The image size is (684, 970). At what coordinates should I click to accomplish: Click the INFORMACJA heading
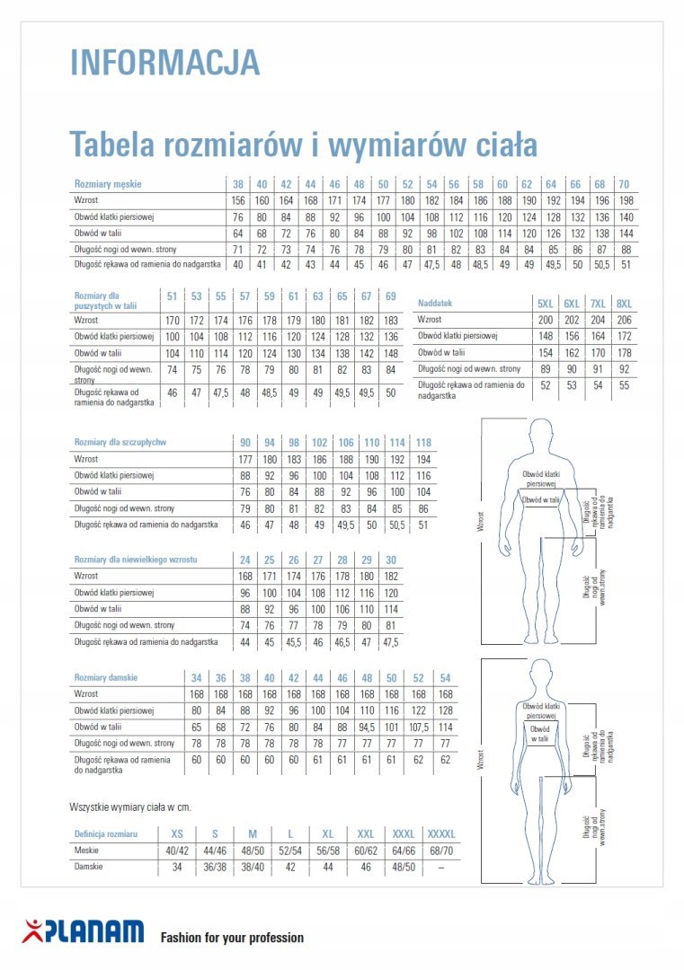tap(164, 62)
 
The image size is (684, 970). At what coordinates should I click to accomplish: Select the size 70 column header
tap(624, 184)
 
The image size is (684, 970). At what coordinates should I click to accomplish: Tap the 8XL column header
tap(624, 303)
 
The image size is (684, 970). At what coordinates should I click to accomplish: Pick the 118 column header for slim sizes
tap(424, 442)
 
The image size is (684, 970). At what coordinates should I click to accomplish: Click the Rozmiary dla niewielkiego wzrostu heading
tap(135, 560)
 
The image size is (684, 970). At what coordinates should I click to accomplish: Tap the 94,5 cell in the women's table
tap(367, 727)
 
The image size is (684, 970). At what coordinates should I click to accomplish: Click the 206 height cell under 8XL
tap(624, 319)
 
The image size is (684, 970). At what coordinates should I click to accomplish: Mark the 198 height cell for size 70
tap(624, 200)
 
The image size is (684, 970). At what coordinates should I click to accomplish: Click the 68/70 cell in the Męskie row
tap(441, 851)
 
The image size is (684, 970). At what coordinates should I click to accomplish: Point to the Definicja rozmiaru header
tap(105, 834)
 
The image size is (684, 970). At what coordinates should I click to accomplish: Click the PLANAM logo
tap(84, 931)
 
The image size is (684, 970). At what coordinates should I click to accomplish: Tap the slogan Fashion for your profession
tap(232, 938)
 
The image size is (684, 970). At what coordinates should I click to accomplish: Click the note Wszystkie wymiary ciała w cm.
tap(129, 807)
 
